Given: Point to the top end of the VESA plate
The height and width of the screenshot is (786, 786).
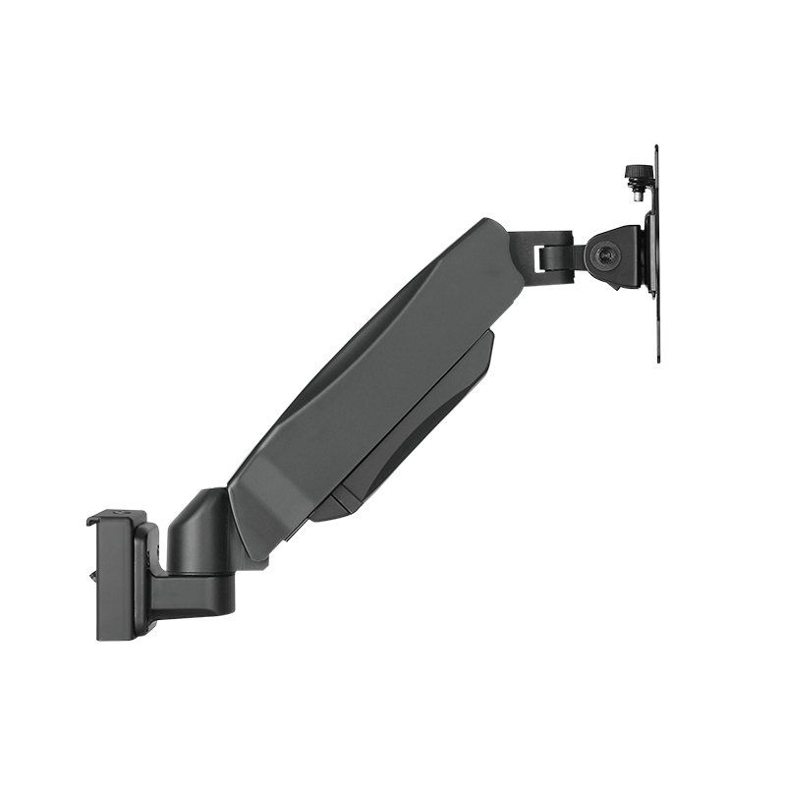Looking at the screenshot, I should (x=655, y=150).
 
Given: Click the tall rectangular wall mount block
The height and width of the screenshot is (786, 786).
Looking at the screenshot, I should (x=116, y=580).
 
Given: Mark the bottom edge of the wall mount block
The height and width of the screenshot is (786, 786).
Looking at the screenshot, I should (x=116, y=637).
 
